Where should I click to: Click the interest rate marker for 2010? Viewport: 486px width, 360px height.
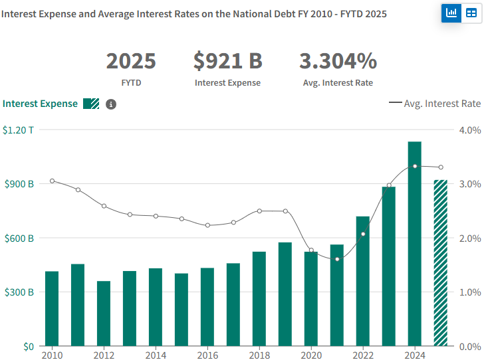tap(52, 181)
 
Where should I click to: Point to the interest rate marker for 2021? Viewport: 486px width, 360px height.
tap(337, 259)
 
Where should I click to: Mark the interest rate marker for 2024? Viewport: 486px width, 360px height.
tap(415, 166)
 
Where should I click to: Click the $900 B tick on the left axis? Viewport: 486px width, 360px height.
tap(18, 184)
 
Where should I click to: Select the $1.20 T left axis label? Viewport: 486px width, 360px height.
tap(18, 130)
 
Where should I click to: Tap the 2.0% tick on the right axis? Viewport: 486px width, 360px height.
tap(470, 238)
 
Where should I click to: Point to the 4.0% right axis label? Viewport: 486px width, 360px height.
tap(470, 130)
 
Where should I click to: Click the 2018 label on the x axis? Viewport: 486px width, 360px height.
tap(259, 355)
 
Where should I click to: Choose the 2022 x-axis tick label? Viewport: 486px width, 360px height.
tap(363, 355)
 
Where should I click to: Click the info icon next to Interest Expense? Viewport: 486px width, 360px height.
tap(111, 104)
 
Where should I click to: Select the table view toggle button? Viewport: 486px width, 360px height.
tap(471, 13)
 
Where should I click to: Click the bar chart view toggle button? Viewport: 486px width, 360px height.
tap(452, 13)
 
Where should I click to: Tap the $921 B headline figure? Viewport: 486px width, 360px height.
tap(228, 61)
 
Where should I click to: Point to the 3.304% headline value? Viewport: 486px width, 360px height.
tap(338, 61)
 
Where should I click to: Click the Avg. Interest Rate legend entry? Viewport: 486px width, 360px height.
tap(435, 104)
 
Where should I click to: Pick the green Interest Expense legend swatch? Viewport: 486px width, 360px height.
tap(91, 104)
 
